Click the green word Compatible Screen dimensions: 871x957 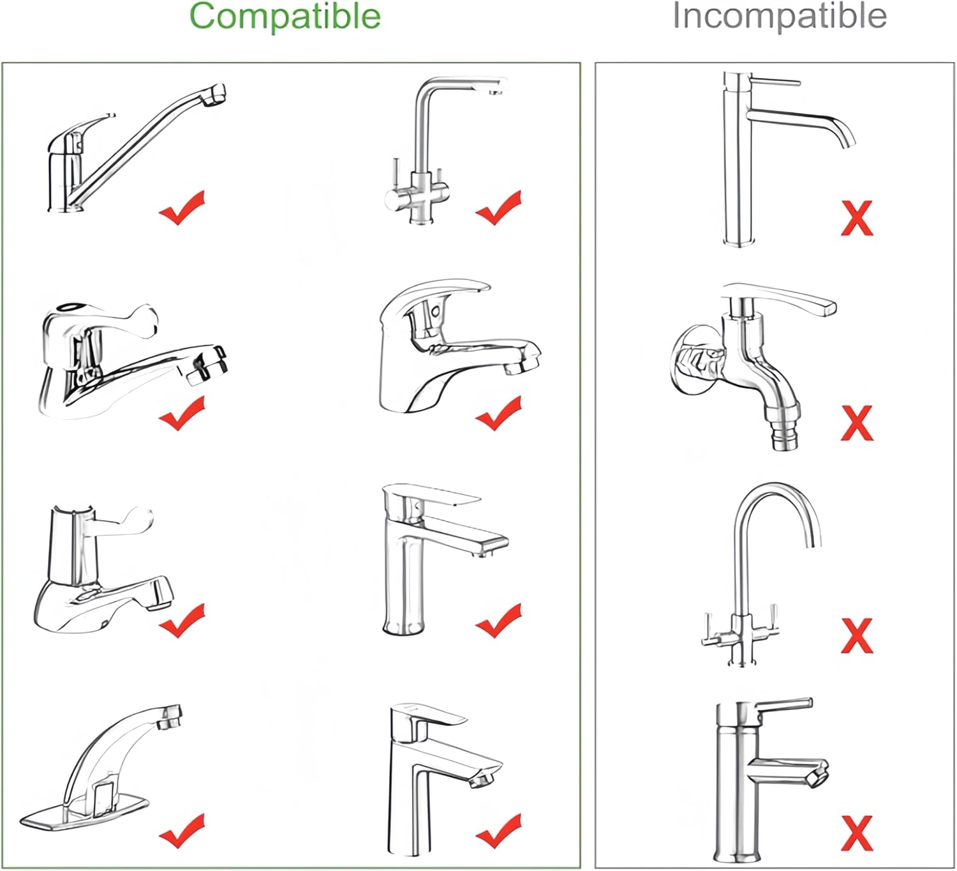click(x=285, y=16)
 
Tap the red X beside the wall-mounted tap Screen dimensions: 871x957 click(x=857, y=422)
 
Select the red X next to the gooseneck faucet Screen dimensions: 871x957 click(x=857, y=635)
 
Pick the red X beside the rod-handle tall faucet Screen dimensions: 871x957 click(x=857, y=218)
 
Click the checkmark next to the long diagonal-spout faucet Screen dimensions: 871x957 click(x=182, y=208)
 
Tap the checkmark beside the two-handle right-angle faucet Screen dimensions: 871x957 click(x=498, y=208)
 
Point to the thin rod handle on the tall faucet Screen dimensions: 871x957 click(x=776, y=82)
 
